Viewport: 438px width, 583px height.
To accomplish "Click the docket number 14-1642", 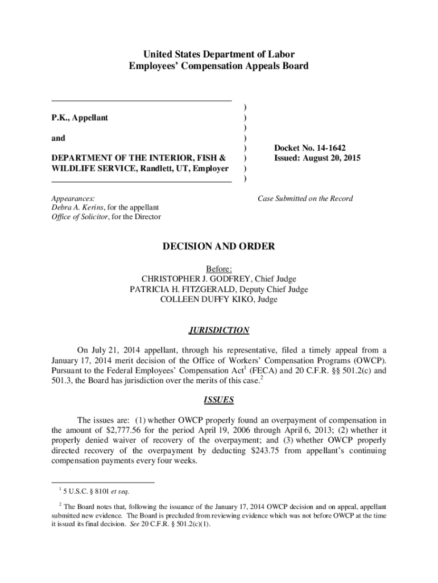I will (x=325, y=147).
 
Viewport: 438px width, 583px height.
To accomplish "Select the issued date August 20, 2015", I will (x=329, y=158).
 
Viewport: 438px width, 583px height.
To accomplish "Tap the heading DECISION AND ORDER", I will (x=218, y=247).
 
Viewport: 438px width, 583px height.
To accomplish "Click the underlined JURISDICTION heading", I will (x=218, y=330).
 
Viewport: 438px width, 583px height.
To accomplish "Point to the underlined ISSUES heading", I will (x=218, y=400).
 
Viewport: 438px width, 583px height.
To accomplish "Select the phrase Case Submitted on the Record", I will (x=305, y=199).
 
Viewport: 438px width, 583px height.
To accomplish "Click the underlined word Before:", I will (x=218, y=269).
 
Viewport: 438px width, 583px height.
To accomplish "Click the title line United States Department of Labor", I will (x=218, y=55).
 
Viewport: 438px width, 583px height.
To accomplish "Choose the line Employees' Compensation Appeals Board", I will (x=218, y=66).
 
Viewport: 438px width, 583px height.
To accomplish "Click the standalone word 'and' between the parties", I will (x=58, y=138).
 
